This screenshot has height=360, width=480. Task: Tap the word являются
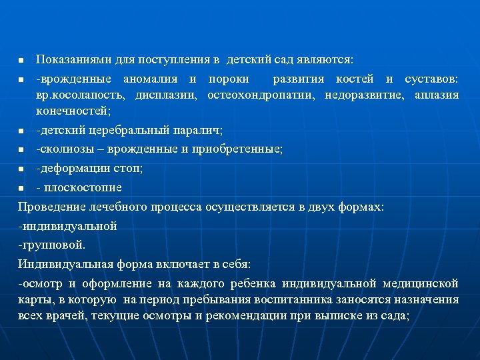(330, 61)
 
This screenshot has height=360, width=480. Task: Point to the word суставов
(433, 79)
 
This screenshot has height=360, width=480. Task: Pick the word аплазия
(437, 95)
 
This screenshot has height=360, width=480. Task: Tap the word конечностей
(73, 111)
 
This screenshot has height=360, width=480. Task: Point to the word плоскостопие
(83, 187)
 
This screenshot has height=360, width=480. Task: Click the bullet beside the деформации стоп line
(21, 169)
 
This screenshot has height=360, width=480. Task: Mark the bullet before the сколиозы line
(21, 149)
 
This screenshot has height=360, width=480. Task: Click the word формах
(361, 207)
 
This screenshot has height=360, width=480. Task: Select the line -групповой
(52, 245)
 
